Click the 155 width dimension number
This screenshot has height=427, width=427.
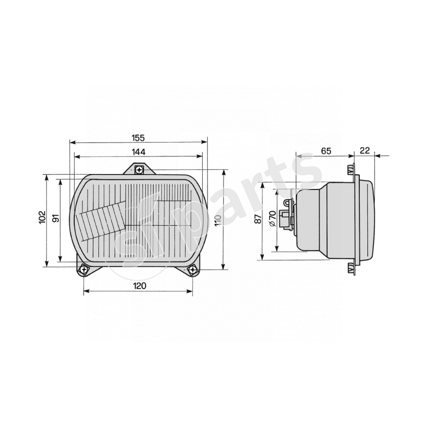(x=138, y=138)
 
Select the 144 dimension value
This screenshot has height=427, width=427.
(x=139, y=152)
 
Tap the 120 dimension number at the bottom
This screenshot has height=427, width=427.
(x=139, y=286)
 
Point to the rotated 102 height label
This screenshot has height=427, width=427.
(x=43, y=217)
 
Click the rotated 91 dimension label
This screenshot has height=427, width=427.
(x=56, y=218)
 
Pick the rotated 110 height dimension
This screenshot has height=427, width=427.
(x=218, y=220)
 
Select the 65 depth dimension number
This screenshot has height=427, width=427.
(x=326, y=151)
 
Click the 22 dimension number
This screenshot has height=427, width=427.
(x=365, y=151)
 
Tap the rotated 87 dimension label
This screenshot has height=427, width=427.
(x=258, y=219)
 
